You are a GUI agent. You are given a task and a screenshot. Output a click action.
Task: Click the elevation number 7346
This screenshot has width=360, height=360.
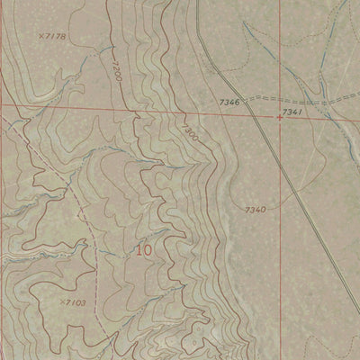(x=229, y=103)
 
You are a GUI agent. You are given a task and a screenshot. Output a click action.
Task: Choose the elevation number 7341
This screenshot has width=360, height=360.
(x=292, y=112)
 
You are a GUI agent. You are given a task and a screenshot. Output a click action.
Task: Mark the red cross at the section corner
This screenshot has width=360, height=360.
(x=279, y=117)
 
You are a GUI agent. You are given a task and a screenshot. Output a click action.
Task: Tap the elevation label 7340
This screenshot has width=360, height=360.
(x=255, y=210)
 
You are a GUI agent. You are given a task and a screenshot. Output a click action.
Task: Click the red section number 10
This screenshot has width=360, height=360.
(x=143, y=251)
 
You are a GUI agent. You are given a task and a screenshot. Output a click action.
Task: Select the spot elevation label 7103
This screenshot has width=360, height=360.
(x=76, y=303)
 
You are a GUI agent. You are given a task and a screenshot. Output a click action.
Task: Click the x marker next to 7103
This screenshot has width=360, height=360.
(x=62, y=303)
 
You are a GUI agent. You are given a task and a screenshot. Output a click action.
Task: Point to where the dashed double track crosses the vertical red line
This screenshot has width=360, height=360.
(x=279, y=96)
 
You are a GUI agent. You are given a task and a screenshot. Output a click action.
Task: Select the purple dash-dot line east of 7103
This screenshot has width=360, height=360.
(x=95, y=288)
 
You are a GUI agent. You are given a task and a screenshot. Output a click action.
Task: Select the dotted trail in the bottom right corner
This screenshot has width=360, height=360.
(x=337, y=342)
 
